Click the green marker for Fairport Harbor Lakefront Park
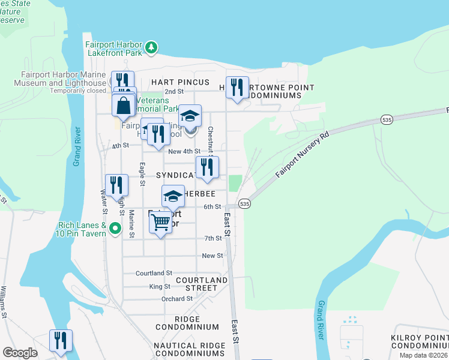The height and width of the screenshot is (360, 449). [152, 46]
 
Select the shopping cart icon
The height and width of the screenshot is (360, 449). [160, 223]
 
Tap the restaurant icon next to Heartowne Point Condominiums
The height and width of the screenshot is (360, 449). [237, 87]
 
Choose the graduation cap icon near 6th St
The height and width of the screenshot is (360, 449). [173, 196]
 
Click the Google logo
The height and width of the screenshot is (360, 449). [20, 353]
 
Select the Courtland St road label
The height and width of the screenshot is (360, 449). [154, 272]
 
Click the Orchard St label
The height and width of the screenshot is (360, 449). [176, 298]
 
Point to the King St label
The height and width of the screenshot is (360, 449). [160, 286]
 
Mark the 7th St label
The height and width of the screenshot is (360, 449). [213, 238]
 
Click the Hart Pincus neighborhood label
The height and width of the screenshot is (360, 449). [180, 82]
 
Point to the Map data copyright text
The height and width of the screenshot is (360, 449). [424, 355]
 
